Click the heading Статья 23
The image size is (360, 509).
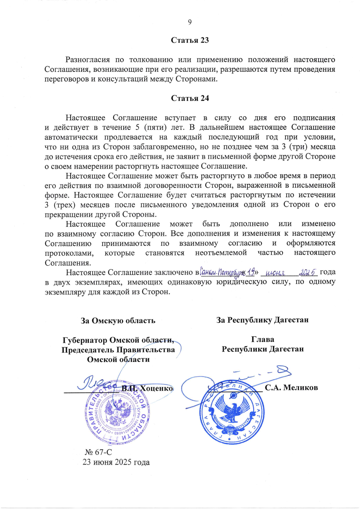point(190,40)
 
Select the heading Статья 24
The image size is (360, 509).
point(190,98)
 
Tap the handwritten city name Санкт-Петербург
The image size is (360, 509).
point(221,273)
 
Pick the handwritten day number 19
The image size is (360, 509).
point(251,272)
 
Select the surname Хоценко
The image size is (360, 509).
point(157,388)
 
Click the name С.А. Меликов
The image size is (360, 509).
point(291,387)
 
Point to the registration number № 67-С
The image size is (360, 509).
point(98,452)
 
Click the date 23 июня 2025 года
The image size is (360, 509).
point(116,462)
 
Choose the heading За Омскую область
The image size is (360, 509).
point(118,321)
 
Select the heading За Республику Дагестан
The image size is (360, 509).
point(262,320)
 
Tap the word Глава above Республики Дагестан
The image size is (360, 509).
point(262,339)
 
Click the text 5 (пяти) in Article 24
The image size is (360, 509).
point(151,127)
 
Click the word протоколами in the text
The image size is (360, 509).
point(69,253)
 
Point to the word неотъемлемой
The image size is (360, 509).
point(221,253)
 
